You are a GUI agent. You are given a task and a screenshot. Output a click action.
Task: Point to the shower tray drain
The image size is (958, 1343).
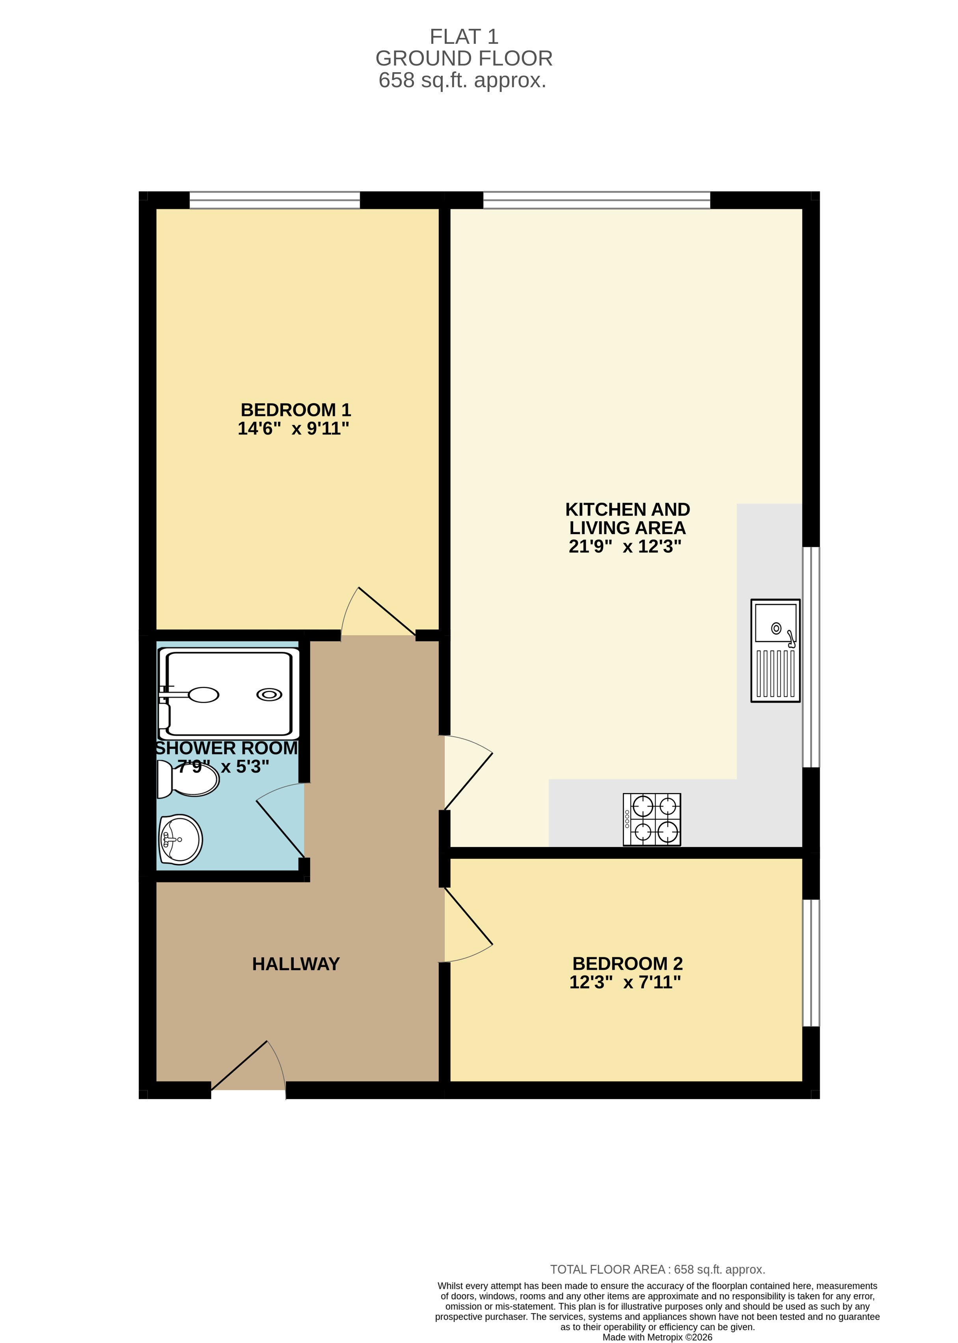point(269,694)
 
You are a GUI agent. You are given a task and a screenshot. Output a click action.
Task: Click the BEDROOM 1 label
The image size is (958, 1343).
point(296,410)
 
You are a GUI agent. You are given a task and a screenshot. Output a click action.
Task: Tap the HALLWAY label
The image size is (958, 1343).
point(296,963)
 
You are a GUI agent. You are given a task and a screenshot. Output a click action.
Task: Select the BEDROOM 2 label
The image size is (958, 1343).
point(627,963)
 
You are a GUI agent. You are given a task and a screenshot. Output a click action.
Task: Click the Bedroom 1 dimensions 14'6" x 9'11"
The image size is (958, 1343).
point(293,428)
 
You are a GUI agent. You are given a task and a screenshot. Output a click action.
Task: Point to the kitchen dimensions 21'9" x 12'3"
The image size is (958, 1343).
point(625,547)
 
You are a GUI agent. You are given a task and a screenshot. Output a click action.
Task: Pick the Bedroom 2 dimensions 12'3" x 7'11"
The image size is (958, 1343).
point(625,982)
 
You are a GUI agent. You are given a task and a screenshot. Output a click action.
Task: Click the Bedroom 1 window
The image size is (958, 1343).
point(274,200)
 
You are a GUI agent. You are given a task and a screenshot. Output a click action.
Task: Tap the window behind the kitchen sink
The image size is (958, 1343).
point(811,657)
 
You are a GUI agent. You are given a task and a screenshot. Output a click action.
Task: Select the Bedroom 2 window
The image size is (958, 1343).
point(811,963)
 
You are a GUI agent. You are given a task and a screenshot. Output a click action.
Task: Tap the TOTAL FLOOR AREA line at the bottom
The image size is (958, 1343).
point(657,1269)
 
